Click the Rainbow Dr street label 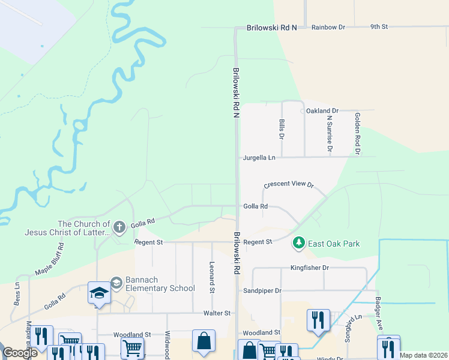coord(329,27)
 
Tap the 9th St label coord(379,27)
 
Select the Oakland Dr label coord(322,111)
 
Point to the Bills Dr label coord(281,129)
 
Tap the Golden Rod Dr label coord(357,134)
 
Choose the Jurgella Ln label coord(259,158)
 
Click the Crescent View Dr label coord(289,184)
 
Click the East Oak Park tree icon coord(298,243)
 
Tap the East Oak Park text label coord(334,244)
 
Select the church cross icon coord(119,227)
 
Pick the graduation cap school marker coord(98,293)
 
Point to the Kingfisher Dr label coord(310,268)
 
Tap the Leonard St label coord(211,277)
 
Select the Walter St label coord(217,313)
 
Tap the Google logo coord(20,353)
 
